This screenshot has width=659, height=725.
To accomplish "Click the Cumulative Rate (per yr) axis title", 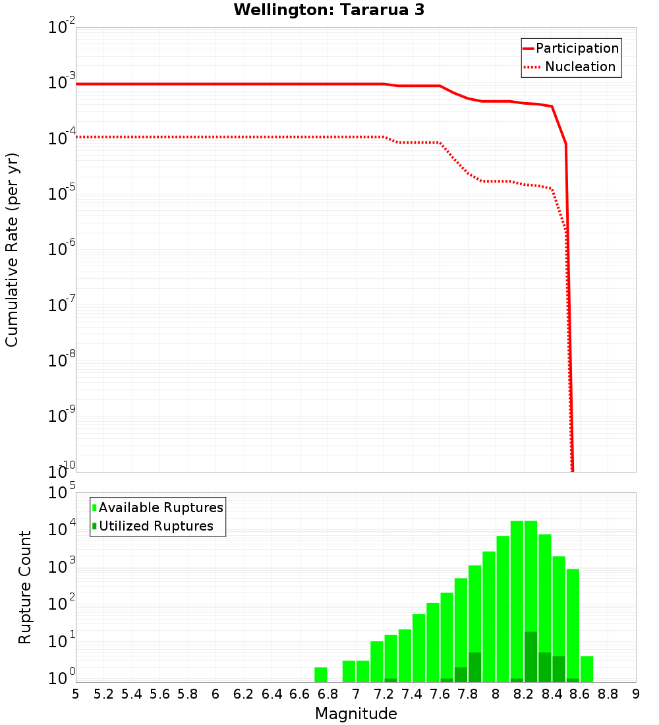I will coord(12,249).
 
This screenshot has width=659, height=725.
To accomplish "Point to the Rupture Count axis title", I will coord(25,587).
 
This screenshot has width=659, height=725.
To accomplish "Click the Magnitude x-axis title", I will coord(356,714).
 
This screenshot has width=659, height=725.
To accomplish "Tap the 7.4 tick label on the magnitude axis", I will coord(412,693).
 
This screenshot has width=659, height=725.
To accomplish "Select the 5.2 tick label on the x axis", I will coord(104,693).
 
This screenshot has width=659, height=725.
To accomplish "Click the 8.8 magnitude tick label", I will coord(608,693).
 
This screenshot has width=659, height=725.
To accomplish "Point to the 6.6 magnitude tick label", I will coord(300,693).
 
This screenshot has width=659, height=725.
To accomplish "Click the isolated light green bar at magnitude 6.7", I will coord(321,675).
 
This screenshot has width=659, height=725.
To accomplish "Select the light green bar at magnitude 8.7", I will coord(587,669).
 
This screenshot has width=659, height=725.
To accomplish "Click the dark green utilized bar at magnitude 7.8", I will coord(474,667).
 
